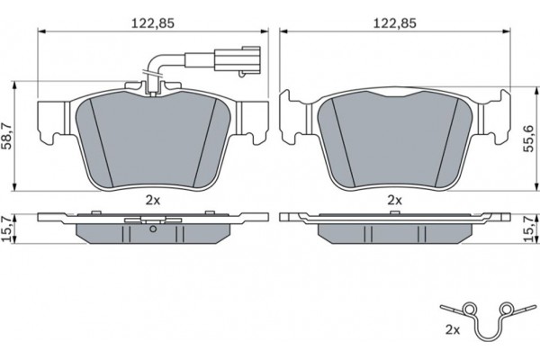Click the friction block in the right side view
pos(394,233)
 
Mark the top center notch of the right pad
pos(394,94)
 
